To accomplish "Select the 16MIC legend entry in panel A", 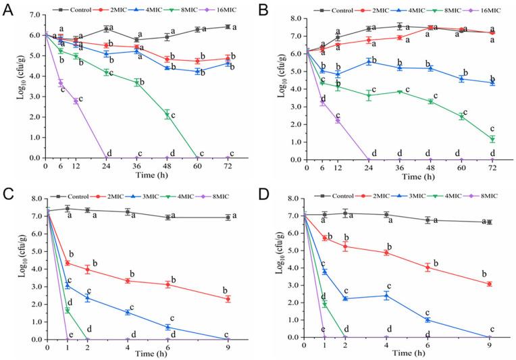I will pyautogui.click(x=214, y=11).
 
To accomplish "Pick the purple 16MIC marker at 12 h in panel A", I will pyautogui.click(x=76, y=101).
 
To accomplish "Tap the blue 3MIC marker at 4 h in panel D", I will pyautogui.click(x=386, y=295).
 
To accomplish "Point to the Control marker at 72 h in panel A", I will pyautogui.click(x=226, y=27).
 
